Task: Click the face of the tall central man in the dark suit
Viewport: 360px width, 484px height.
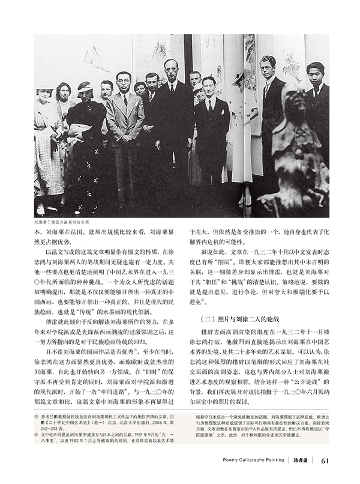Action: point(172,68)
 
